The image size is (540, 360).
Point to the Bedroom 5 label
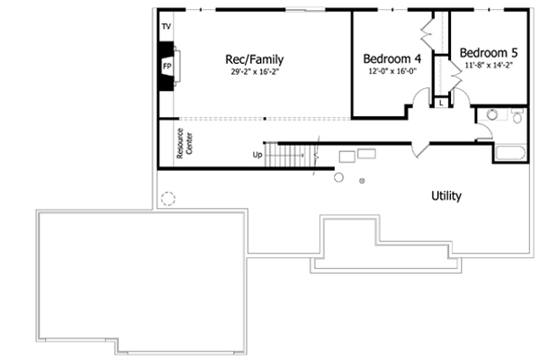(489, 52)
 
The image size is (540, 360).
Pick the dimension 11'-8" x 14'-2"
(489, 66)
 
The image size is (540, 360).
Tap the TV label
(166, 27)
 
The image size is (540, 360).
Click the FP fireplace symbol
(167, 66)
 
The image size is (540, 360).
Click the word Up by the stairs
(258, 155)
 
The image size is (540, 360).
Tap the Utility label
(447, 194)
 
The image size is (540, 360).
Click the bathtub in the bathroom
(510, 153)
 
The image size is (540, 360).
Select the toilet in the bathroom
(517, 115)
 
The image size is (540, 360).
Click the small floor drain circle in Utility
(363, 182)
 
